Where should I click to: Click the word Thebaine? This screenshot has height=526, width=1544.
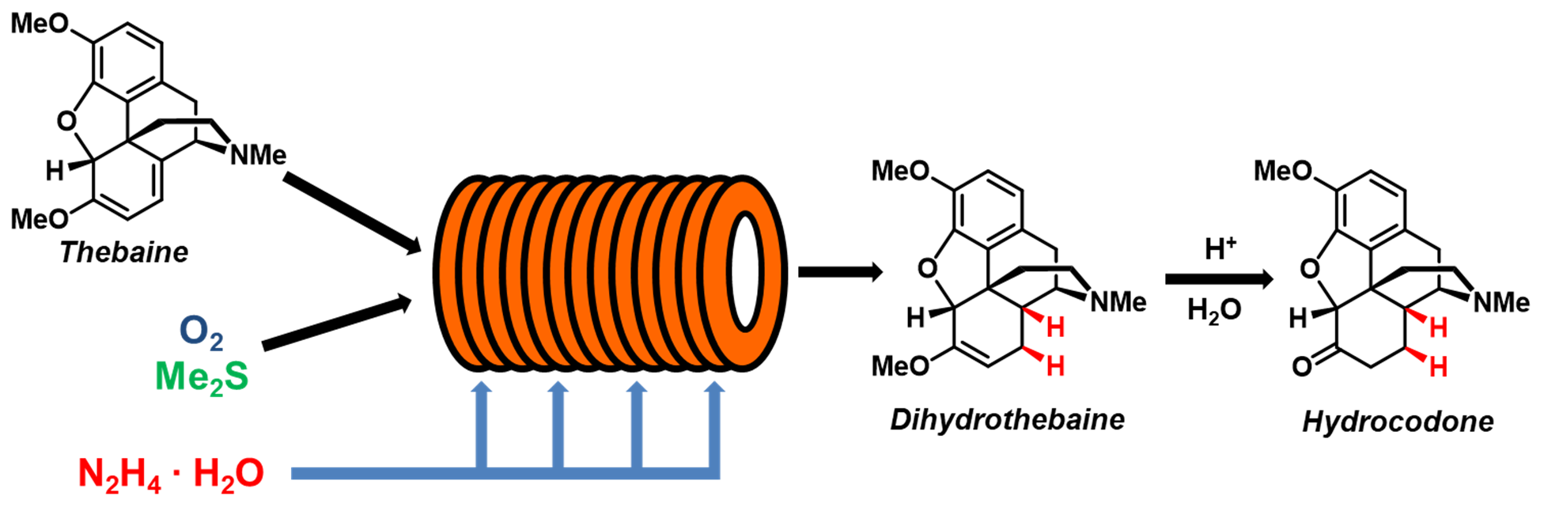pos(124,252)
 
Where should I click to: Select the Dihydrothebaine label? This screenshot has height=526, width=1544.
pos(1007,419)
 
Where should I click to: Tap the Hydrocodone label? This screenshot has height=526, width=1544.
pos(1398,422)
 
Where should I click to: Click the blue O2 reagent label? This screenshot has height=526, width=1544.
pos(201,332)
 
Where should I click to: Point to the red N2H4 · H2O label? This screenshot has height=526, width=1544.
pos(171,474)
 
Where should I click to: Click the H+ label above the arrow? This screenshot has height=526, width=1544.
pos(1219,249)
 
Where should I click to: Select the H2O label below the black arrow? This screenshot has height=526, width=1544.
pos(1214,311)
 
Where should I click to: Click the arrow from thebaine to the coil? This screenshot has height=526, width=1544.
pos(352,214)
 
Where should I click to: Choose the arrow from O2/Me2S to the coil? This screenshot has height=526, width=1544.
pos(336,323)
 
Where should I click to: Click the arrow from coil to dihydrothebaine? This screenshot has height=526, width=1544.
pos(839,273)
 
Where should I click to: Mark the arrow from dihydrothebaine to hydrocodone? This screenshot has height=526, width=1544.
pos(1218,279)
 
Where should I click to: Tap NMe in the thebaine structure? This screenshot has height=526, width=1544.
pos(258,155)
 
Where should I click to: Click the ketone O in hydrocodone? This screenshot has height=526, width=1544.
pos(1302,366)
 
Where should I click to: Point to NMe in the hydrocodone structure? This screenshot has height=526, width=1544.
pos(1500,302)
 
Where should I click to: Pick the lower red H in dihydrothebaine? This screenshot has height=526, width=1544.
pos(1055,366)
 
